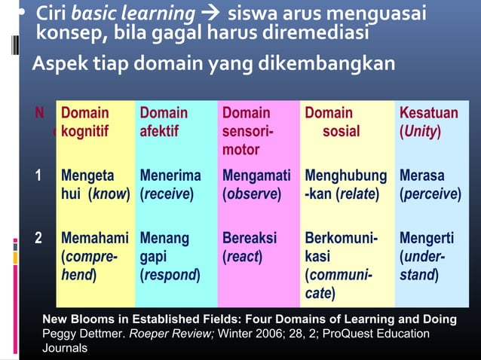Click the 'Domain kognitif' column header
click(x=84, y=122)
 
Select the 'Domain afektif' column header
click(x=164, y=122)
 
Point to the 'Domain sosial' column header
click(x=330, y=122)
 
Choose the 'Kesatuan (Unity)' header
click(x=428, y=122)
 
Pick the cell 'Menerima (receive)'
click(x=170, y=185)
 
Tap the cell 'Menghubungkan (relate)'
click(x=344, y=185)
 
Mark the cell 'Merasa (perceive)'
click(x=430, y=185)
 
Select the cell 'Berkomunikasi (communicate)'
click(x=339, y=264)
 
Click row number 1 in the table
click(x=38, y=176)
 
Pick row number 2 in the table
click(x=38, y=239)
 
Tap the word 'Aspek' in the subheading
click(x=55, y=64)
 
